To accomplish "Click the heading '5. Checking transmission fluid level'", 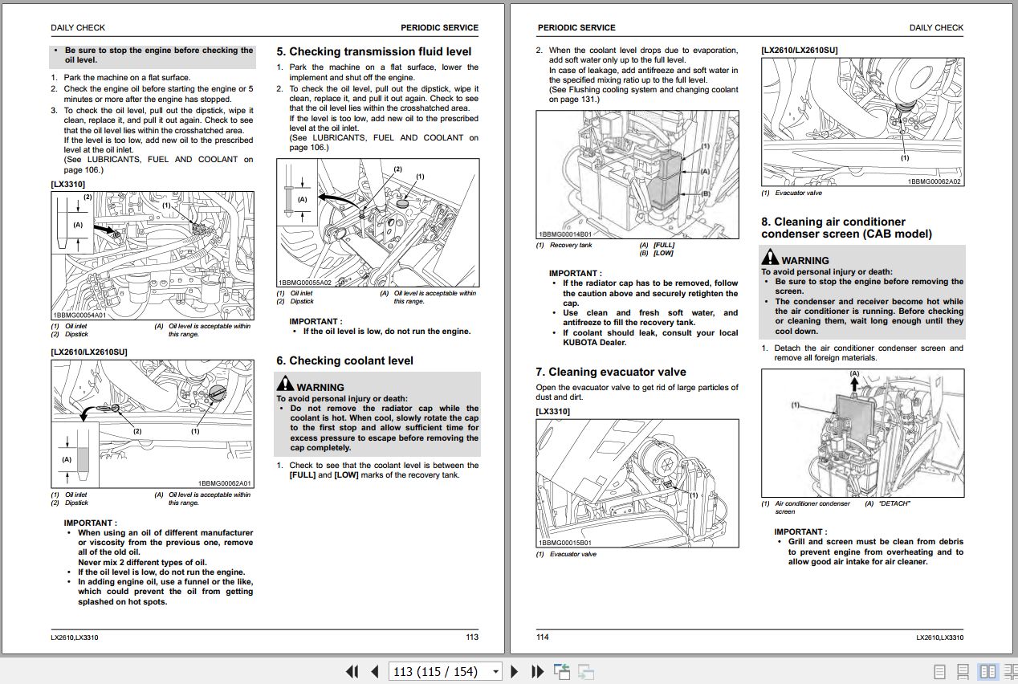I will point(373,51).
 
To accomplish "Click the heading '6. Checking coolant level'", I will point(344,361).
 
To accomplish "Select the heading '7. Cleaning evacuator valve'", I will point(610,373).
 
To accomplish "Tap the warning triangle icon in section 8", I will point(770,259).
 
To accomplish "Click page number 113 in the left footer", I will point(471,637).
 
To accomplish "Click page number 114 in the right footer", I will point(542,637).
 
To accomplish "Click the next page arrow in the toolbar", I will point(515,671).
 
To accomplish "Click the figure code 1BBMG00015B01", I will point(566,543).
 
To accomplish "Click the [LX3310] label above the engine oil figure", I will point(68,185).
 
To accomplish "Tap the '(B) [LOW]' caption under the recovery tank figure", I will point(657,253).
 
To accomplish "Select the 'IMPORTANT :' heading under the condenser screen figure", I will point(800,531).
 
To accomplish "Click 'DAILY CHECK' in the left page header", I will point(78,27).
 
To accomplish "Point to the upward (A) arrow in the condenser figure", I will point(854,385).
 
